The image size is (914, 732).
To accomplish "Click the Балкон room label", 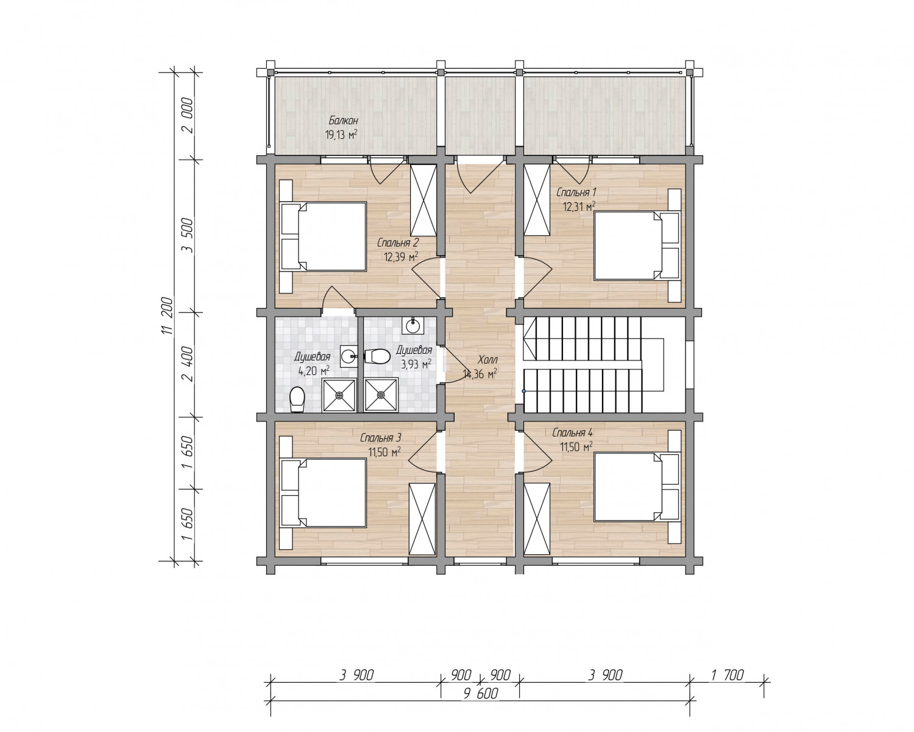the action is tap(343, 121).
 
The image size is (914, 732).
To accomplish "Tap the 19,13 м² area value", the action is tap(341, 135).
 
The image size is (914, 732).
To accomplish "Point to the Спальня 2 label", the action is tap(398, 242).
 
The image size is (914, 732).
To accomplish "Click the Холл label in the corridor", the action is tap(487, 360).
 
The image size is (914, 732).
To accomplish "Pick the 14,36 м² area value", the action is tap(480, 374).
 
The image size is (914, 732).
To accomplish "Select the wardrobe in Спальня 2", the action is tap(423, 200).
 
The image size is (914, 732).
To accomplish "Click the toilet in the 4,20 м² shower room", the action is tap(297, 399).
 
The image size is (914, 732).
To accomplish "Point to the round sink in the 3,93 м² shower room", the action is tap(413, 326).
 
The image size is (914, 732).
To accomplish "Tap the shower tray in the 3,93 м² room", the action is tap(381, 395).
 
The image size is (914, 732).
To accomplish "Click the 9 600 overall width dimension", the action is tap(481, 694).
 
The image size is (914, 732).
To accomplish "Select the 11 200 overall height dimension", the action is tap(168, 317).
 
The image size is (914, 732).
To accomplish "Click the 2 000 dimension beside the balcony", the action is tap(187, 116).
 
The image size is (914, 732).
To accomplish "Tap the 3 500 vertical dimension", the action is tap(187, 236).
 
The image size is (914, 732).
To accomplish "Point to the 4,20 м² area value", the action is tap(314, 371).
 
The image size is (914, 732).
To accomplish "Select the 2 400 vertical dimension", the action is tap(187, 364).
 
